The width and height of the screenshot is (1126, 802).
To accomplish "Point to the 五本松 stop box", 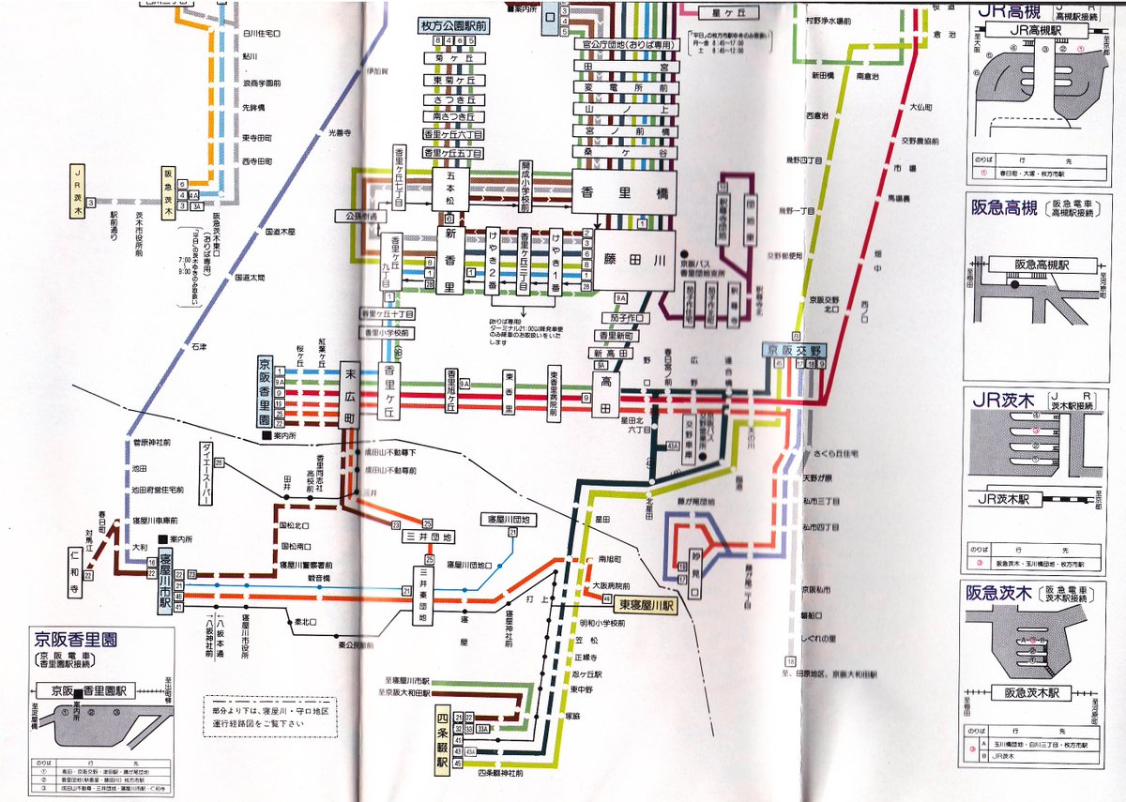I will point(449,185).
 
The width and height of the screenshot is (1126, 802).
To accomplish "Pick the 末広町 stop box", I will point(350,394).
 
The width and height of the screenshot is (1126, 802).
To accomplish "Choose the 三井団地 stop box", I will point(429,537).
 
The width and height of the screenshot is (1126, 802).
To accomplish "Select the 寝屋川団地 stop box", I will point(508,519).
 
